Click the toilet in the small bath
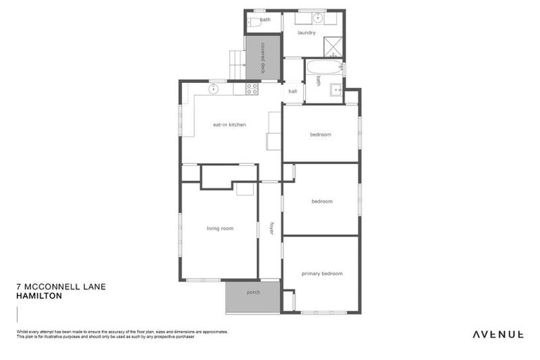(x=251, y=22)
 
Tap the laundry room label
(x=306, y=32)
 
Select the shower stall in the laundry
(x=333, y=46)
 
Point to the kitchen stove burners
(x=252, y=89)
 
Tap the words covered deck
(x=262, y=58)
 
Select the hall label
(x=292, y=91)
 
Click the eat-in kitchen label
(x=229, y=124)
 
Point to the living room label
(x=219, y=228)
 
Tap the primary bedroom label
(x=321, y=273)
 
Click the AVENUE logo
(x=497, y=334)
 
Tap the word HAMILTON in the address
(x=39, y=296)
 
